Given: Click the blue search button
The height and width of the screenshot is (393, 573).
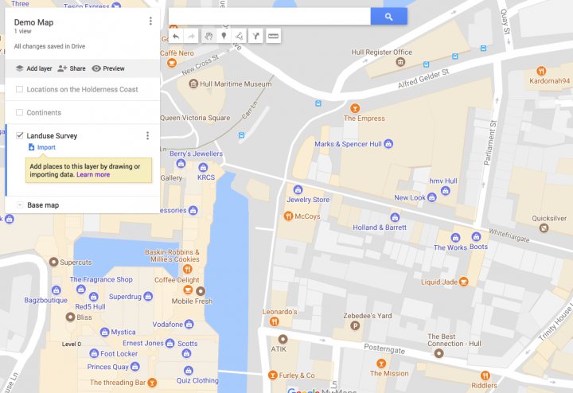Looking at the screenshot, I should click(x=388, y=16).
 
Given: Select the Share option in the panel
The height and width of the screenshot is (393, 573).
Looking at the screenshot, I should click(x=72, y=68).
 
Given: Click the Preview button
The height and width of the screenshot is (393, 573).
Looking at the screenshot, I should click(x=108, y=68).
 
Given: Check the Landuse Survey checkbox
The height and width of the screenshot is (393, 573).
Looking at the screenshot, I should click(x=19, y=136).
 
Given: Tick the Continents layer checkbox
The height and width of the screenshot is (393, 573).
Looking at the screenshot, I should click(x=19, y=112).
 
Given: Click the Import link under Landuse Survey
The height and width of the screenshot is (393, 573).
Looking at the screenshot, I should click(x=46, y=147).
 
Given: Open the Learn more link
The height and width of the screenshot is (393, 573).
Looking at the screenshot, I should click(x=93, y=174).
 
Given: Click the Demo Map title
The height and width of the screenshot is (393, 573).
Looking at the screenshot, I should click(x=33, y=21).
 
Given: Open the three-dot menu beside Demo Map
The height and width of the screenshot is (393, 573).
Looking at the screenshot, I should click(x=150, y=21).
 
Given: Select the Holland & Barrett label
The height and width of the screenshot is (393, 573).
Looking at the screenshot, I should click(x=380, y=228).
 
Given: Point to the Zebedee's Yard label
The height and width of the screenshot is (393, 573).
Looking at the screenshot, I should click(x=368, y=315).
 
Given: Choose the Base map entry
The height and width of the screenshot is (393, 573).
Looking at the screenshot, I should click(x=44, y=205).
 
